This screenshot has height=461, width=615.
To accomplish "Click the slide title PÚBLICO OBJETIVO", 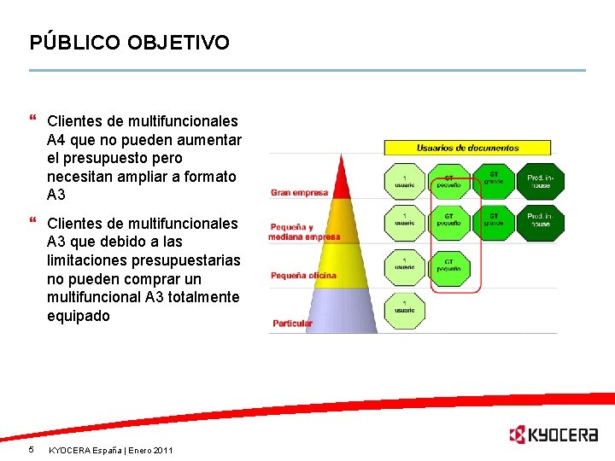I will click(129, 42).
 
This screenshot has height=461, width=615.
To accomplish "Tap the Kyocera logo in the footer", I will click(553, 435).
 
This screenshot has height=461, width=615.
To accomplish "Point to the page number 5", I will click(31, 449).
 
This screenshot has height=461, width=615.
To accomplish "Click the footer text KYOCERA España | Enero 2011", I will click(110, 450).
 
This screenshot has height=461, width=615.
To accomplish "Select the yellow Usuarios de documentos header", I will click(467, 148).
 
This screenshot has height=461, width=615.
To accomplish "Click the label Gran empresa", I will click(299, 193).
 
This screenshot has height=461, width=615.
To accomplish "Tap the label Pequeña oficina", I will click(303, 276).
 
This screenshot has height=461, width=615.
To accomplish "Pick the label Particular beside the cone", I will click(292, 324).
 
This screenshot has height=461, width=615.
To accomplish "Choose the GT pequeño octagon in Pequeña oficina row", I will click(449, 267).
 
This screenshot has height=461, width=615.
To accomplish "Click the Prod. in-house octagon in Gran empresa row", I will click(540, 181).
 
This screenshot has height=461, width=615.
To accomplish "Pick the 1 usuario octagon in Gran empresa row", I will click(404, 181).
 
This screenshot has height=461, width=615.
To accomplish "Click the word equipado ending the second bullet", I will click(79, 316).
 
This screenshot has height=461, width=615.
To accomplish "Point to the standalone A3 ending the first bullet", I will click(56, 195).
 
